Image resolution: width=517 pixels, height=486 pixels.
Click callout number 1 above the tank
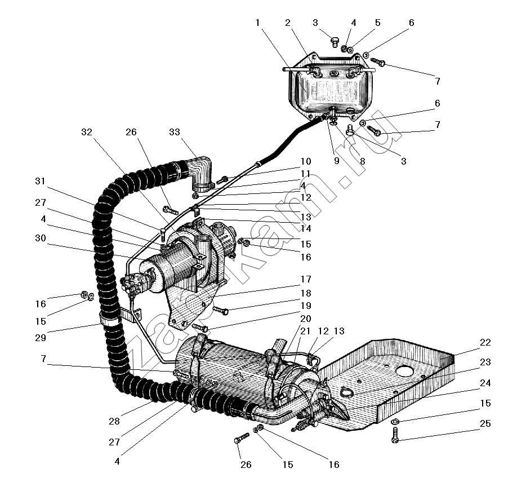[x=257, y=23]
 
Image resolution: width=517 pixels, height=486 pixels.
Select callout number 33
[x=174, y=132]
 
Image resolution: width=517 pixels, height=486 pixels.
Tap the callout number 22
[x=485, y=342]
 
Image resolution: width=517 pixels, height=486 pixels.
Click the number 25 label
[x=485, y=423]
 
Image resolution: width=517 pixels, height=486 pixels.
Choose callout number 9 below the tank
[x=336, y=161]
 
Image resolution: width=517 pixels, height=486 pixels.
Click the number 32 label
[x=86, y=132]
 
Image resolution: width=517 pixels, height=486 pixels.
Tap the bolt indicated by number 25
[x=395, y=436]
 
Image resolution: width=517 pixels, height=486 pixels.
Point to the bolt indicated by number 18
[x=220, y=311]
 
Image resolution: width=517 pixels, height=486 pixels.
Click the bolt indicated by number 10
[x=223, y=179]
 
